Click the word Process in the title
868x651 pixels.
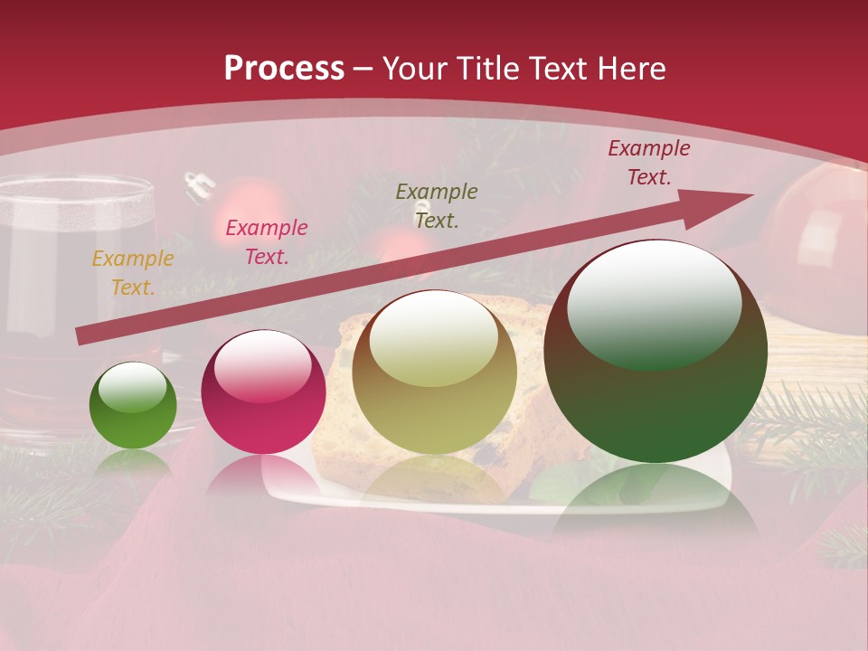click(x=284, y=69)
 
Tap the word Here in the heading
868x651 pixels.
click(x=629, y=69)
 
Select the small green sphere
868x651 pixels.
click(x=133, y=406)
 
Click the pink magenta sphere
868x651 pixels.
click(x=263, y=392)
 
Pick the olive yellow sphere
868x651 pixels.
click(x=434, y=372)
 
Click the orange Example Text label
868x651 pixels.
click(x=133, y=273)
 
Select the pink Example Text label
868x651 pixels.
click(x=266, y=242)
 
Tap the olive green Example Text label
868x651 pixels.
click(x=437, y=206)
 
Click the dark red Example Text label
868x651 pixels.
click(x=648, y=163)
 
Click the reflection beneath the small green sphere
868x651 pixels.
click(x=133, y=462)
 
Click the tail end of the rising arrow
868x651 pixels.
click(x=83, y=335)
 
